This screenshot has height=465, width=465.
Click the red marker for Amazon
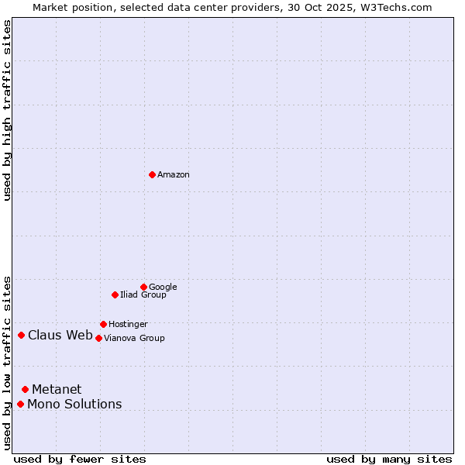(152, 174)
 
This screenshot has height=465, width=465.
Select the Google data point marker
(143, 287)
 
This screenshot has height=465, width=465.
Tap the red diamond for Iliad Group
(115, 294)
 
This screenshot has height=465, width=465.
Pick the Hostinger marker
(103, 324)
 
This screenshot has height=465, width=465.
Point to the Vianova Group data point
(98, 338)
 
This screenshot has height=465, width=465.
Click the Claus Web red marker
(22, 335)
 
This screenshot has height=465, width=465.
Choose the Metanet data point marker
(26, 389)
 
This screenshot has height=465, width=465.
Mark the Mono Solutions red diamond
(21, 404)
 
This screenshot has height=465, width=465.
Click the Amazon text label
(174, 175)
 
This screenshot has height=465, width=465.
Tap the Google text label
(163, 288)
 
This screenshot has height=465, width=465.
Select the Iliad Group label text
(143, 295)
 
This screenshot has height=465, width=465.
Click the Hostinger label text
(128, 325)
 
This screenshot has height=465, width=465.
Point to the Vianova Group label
(134, 339)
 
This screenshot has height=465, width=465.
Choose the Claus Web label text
(60, 336)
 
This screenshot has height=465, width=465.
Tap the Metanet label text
(57, 390)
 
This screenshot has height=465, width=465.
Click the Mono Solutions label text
(74, 405)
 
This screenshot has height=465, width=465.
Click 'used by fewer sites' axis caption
(80, 459)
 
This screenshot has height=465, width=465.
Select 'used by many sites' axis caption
(389, 459)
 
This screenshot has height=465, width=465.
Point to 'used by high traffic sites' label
(8, 110)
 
